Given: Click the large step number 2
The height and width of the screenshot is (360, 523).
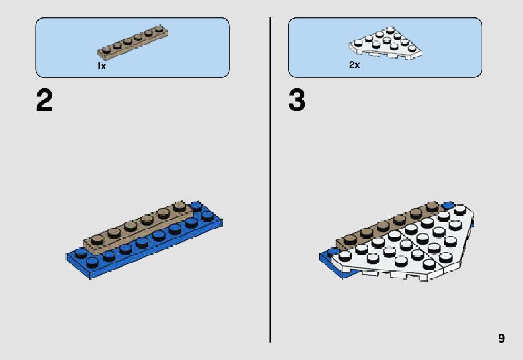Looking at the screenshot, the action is (44, 101).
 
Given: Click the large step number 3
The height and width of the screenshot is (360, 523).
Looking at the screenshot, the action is (297, 101).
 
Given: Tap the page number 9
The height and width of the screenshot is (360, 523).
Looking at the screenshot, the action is (501, 338).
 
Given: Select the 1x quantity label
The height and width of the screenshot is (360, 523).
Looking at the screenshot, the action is (102, 66).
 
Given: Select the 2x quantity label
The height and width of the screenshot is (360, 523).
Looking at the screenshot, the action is (354, 65).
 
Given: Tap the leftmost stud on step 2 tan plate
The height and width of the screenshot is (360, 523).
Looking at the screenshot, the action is (96, 239).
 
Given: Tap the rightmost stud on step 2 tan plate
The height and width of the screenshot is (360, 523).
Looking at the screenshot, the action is (180, 206).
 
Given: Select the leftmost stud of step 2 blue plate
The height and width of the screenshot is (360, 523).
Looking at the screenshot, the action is (79, 252).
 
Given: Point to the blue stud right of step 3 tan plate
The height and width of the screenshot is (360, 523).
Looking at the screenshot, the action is (448, 205).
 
